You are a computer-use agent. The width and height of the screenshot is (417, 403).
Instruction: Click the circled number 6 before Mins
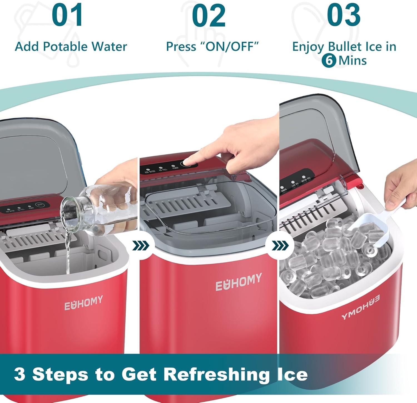[329, 60]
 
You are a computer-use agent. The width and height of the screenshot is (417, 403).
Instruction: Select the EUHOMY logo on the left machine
[83, 303]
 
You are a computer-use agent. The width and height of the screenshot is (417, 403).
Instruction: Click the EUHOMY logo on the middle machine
[239, 282]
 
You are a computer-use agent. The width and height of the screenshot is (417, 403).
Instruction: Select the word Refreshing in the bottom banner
[216, 374]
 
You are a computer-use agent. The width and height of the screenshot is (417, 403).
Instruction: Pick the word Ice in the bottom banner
[292, 374]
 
